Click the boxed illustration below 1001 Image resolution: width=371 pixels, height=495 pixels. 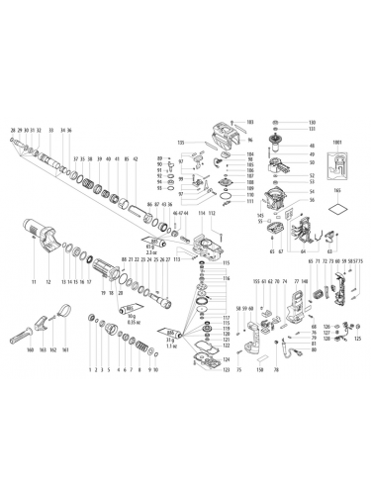[341, 160]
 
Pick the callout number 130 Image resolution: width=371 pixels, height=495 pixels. [285, 121]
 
